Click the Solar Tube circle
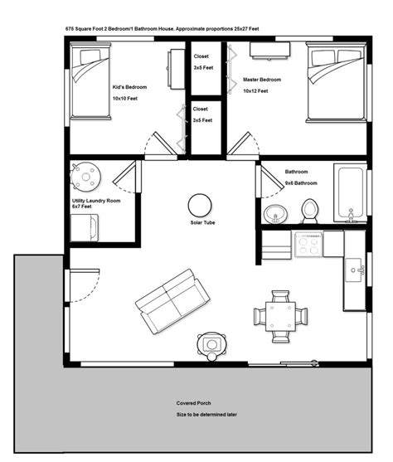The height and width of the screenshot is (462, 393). point(200,206)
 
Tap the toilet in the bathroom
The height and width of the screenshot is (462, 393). point(309,212)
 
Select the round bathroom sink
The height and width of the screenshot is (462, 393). point(275,214)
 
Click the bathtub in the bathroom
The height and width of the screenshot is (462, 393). point(350,193)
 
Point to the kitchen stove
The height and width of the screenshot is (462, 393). point(308,244)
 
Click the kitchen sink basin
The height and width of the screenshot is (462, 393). point(354,270)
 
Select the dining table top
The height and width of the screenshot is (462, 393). point(280,317)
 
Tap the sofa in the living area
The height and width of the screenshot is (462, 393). point(172,301)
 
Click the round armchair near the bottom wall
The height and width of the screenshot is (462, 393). point(212,346)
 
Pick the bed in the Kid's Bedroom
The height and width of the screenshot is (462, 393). point(90,81)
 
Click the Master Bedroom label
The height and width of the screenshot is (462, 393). point(262,80)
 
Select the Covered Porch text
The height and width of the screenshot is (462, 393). point(193,403)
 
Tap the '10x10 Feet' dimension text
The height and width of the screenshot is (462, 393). point(125,99)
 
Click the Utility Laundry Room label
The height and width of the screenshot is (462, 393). point(96,201)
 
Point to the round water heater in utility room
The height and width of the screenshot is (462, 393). point(85,177)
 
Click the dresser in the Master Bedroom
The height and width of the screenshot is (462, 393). point(269,50)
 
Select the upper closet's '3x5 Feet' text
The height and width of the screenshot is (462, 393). point(203,67)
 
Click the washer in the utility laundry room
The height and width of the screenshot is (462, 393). point(85,228)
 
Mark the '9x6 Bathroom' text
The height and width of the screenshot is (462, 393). point(301,183)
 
